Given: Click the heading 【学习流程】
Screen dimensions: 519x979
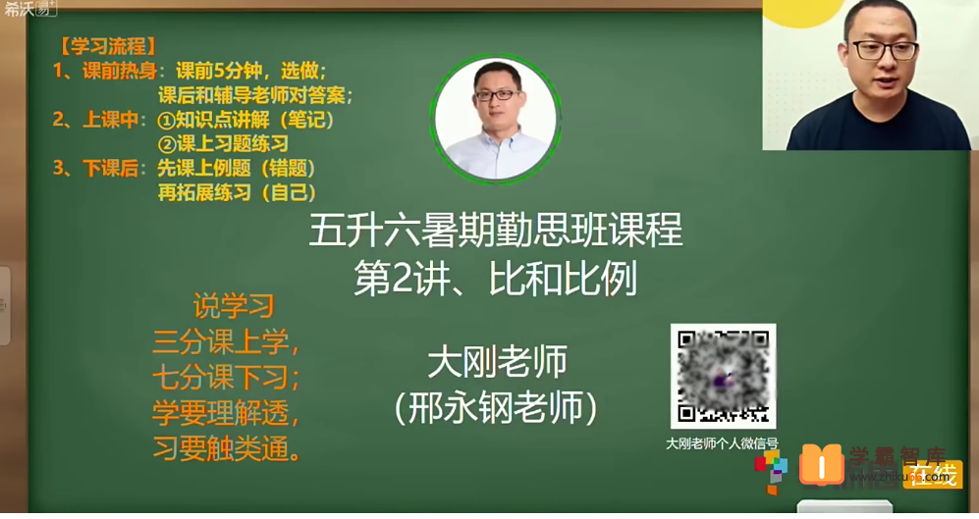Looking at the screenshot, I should pos(107,46).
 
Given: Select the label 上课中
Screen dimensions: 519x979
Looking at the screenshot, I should pos(113,120).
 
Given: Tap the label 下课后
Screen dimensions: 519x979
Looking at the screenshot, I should pos(113,168).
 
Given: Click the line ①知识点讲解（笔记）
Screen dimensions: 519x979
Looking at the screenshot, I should pos(246,120).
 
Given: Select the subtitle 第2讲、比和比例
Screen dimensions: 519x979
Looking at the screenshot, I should pos(495,280).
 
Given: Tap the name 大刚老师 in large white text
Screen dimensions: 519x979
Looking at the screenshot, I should pos(497,362).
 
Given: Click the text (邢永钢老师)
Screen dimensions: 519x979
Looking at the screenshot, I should pos(496,407).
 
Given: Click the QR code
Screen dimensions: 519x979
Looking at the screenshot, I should pos(723,377).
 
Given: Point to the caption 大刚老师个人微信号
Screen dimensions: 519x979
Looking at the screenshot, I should pos(722,443).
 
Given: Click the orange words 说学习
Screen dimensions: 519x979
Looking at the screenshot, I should pos(233,307).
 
